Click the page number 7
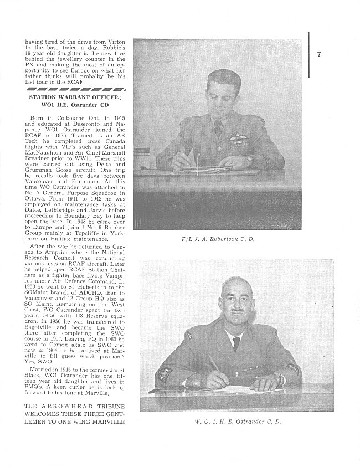coord(320,54)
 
